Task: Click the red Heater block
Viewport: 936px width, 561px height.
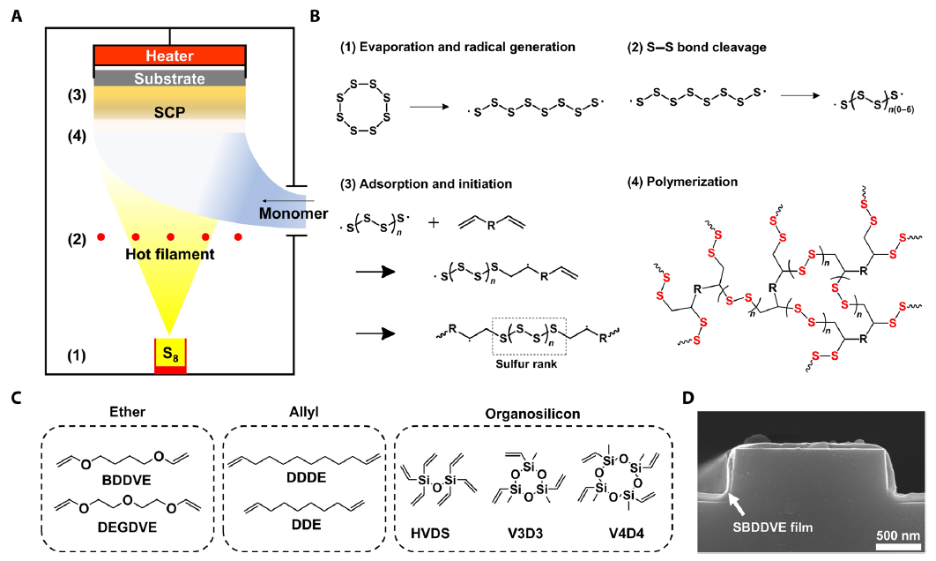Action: [x=169, y=56]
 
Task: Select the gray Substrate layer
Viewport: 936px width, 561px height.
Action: [x=169, y=79]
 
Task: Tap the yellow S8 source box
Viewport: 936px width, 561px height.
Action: [x=169, y=355]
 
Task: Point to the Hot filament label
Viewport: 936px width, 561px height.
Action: [x=168, y=255]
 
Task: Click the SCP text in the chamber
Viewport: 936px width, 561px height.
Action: [x=169, y=112]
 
